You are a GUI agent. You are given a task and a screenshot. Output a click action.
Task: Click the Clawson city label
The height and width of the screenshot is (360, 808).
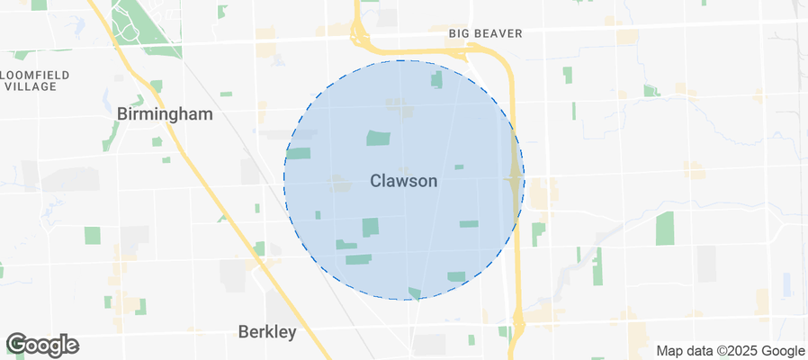click(404, 181)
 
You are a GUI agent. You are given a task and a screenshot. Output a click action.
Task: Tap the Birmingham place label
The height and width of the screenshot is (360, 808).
click(165, 114)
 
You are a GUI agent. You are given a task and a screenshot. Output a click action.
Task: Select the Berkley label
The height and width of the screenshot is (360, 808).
click(267, 332)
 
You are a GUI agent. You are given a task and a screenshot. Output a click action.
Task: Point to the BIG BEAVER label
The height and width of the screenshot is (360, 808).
click(485, 33)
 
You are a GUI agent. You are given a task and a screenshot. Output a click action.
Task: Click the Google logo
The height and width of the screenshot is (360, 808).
click(42, 345)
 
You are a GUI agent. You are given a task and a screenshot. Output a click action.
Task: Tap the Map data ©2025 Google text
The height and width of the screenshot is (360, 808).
click(730, 350)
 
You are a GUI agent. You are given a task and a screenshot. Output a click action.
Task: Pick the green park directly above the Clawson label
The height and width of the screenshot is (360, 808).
click(379, 138)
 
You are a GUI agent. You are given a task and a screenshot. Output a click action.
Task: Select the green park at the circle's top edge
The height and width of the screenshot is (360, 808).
click(437, 79)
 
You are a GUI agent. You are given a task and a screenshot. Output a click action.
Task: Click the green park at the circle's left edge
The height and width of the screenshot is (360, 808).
click(299, 153)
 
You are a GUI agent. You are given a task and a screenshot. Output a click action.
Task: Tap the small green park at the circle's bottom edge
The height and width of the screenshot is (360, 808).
click(414, 293)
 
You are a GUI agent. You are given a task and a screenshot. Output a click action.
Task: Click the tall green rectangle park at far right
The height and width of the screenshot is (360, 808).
click(665, 229)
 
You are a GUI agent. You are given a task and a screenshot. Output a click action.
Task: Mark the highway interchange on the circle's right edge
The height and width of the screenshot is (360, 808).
click(515, 179)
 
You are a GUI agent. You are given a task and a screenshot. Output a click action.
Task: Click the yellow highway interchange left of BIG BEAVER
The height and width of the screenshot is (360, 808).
click(360, 36)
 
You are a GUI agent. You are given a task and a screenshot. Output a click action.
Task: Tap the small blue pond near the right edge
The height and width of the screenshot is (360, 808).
click(787, 284)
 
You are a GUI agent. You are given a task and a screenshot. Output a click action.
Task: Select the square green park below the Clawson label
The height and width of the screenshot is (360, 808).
click(371, 227)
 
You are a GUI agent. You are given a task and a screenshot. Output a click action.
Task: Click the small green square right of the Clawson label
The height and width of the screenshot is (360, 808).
click(459, 166)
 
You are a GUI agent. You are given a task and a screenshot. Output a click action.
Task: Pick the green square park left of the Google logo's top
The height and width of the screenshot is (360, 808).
click(93, 235)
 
